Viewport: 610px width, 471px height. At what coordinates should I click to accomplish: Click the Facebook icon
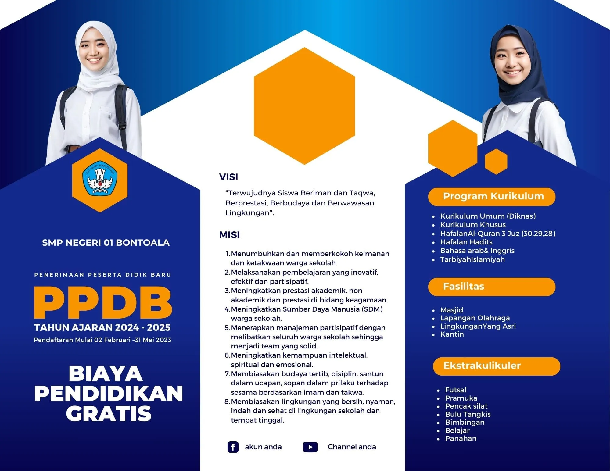tap(233, 447)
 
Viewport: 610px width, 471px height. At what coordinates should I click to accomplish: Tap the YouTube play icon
tap(310, 447)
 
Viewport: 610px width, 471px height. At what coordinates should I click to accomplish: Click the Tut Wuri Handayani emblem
tap(100, 179)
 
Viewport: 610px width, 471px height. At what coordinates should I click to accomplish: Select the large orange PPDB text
tap(103, 302)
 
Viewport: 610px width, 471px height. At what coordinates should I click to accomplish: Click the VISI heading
tap(228, 177)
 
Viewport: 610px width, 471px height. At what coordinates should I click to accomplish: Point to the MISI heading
tap(229, 235)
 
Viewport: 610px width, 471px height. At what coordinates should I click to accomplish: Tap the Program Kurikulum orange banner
tap(492, 197)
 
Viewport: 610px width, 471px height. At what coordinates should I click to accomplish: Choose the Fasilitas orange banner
tap(492, 287)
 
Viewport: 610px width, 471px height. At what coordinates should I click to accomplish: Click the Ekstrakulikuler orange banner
tap(497, 366)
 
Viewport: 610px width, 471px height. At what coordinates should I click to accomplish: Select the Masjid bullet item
tap(451, 310)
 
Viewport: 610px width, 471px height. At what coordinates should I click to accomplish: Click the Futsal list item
tap(456, 390)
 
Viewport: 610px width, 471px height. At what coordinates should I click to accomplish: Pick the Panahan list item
tap(461, 438)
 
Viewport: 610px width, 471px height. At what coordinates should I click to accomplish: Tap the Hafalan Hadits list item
tap(466, 242)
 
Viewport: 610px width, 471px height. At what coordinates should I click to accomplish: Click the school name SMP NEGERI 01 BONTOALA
tap(106, 243)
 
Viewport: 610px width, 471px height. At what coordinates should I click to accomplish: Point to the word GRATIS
tap(109, 413)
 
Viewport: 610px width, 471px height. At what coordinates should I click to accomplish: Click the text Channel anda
tap(352, 447)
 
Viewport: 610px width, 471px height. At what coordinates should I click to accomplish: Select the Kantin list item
tap(452, 334)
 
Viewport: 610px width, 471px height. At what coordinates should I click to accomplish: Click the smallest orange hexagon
tap(496, 162)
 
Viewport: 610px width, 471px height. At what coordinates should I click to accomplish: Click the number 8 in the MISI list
tap(227, 401)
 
